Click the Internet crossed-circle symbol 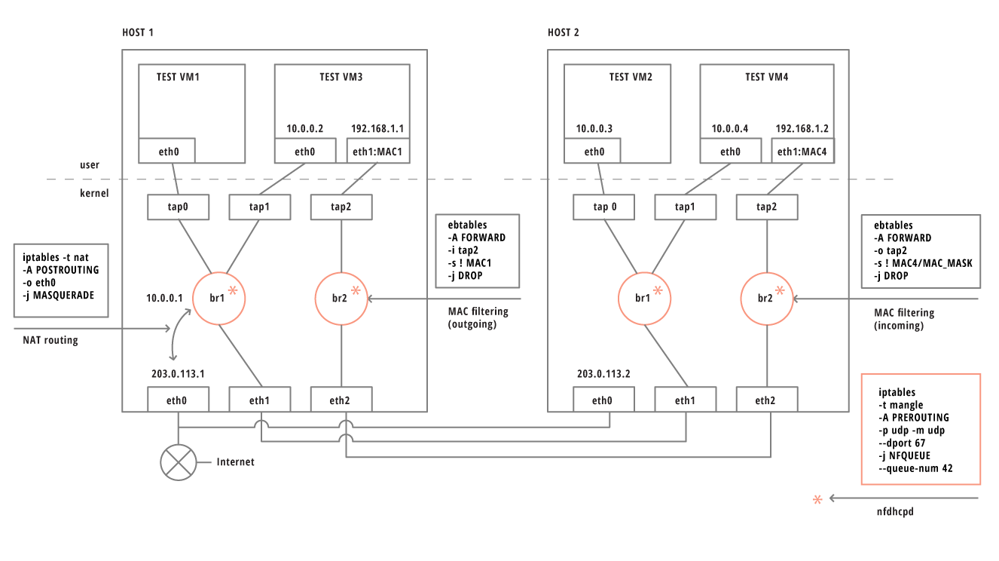(178, 461)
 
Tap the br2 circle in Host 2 (765, 299)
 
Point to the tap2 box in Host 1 (341, 207)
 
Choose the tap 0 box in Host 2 (600, 207)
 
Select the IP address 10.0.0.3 (594, 129)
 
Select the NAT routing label (50, 340)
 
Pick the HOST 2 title (564, 32)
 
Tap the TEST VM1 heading (178, 77)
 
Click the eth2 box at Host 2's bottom (766, 400)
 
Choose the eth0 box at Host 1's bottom (177, 400)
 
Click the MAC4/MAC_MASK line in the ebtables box (924, 263)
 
